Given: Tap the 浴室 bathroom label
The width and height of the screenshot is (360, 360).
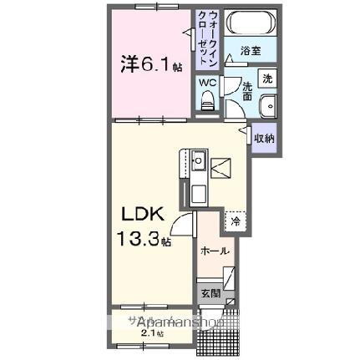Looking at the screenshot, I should tap(250, 51).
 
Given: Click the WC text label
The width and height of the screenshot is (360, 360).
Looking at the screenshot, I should tap(207, 83).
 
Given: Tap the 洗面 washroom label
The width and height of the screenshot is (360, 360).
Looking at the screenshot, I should tap(248, 91).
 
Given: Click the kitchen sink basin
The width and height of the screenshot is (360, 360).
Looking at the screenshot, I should tap(200, 159).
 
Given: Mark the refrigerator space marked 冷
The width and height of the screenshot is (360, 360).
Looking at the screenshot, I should tap(236, 222).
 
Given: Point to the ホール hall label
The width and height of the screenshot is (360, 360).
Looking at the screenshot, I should tap(215, 249).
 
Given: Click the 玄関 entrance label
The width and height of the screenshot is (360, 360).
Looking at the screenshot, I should tap(210, 293).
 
